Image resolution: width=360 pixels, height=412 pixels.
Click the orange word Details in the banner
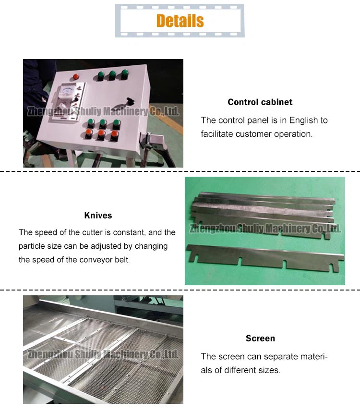pos(180,21)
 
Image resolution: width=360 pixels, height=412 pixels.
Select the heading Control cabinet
pos(260,102)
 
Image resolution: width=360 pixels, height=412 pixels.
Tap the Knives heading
pos(98,216)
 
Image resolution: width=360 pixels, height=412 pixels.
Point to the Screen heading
pos(260,338)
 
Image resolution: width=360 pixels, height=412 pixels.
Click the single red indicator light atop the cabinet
pos(76,76)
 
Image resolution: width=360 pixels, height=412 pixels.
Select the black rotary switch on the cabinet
pos(130,101)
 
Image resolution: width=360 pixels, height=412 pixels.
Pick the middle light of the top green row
pos(112,75)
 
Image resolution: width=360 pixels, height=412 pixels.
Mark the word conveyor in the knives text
pos(96,260)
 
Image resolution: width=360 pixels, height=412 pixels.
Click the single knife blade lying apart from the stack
pos(265,257)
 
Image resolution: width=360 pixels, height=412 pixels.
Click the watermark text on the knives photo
pos(265,229)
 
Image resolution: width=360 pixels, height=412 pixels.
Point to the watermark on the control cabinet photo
pos(103,111)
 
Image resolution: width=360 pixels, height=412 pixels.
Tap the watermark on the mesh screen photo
pos(103,354)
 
